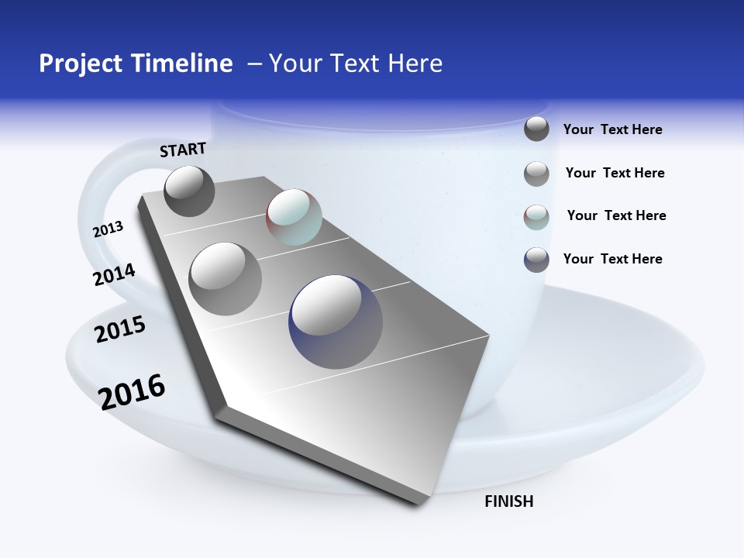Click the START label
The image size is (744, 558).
(183, 150)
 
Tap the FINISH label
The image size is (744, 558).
(508, 501)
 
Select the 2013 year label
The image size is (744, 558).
(108, 229)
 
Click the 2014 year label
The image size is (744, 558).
(114, 274)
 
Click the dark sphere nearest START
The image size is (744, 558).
(190, 191)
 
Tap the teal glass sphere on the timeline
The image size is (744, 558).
(294, 217)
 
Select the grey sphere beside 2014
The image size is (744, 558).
(226, 279)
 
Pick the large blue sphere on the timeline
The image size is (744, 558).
(336, 322)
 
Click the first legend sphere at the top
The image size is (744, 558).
(536, 129)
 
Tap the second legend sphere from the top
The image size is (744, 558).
(536, 174)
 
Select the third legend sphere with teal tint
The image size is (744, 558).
(536, 216)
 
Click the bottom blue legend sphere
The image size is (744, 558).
(536, 260)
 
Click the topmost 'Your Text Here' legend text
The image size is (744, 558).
(612, 130)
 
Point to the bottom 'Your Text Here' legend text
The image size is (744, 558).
(612, 259)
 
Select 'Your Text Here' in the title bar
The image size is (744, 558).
(356, 64)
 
